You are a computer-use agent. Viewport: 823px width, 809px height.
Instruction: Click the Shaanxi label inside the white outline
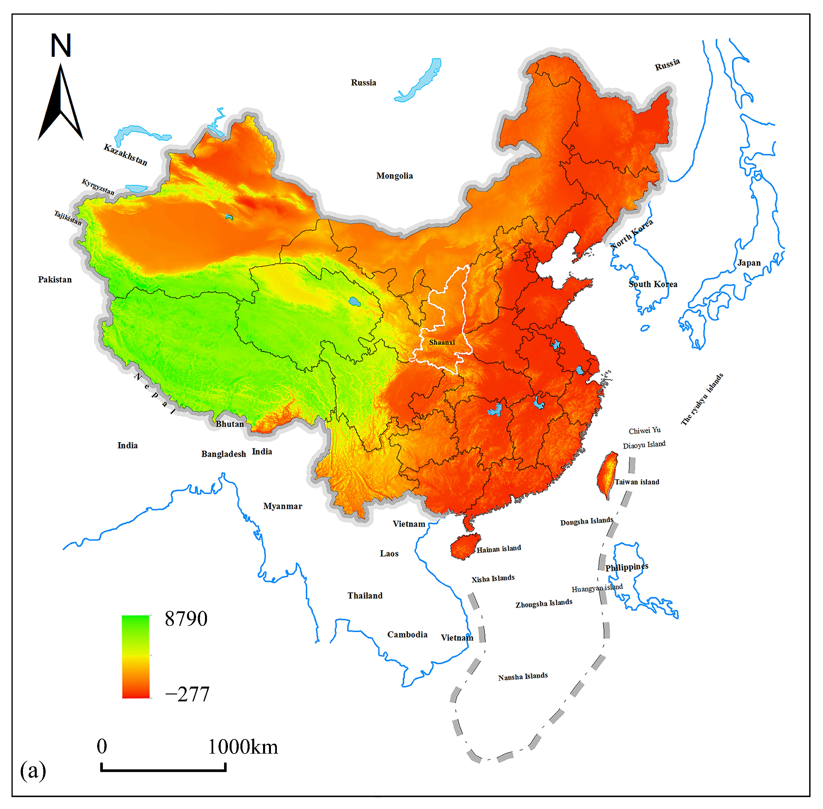click(442, 342)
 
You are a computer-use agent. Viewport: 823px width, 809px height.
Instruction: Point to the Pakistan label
click(55, 280)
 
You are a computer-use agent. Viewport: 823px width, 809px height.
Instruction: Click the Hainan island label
click(499, 549)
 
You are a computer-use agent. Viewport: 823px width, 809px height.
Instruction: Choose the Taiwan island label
click(637, 482)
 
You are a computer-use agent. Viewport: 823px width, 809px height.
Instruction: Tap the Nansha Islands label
click(523, 676)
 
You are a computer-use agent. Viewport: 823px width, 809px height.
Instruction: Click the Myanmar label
click(282, 506)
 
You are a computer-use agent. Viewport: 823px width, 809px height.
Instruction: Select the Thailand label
click(365, 596)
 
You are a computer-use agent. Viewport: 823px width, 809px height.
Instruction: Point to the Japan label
click(749, 263)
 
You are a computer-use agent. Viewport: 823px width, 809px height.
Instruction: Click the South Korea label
click(653, 284)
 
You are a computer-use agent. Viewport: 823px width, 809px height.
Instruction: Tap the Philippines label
click(627, 567)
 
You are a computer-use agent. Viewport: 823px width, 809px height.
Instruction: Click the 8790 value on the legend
click(186, 619)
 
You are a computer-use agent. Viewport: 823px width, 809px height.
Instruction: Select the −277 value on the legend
click(187, 695)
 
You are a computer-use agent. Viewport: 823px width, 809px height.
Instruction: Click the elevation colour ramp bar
click(136, 656)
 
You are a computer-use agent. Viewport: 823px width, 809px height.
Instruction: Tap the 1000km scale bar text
click(243, 747)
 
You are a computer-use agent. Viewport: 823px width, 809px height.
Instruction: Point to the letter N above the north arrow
click(61, 46)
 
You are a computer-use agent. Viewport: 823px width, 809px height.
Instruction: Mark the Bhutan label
click(230, 424)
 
